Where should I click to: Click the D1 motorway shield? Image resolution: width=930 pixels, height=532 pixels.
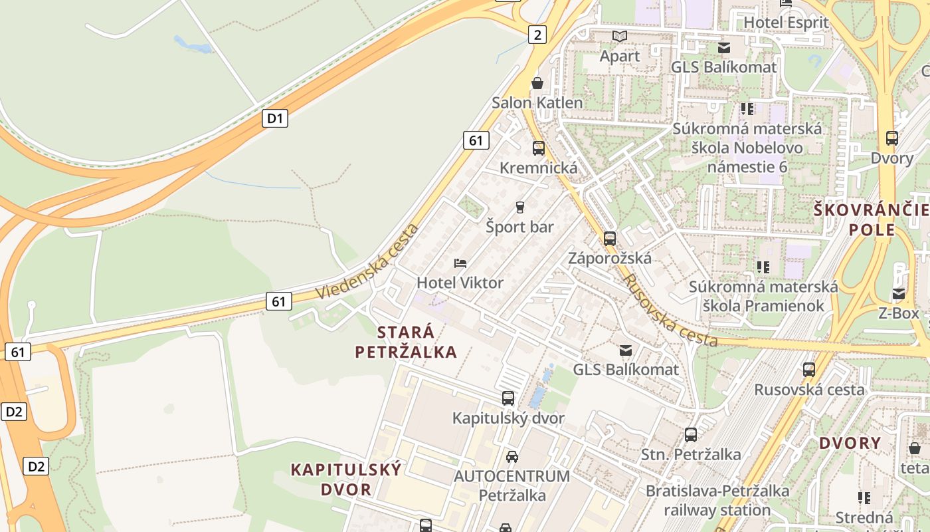[275, 119]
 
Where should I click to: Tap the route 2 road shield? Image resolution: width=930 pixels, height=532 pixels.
[537, 35]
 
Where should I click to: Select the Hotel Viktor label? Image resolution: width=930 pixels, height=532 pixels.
[460, 283]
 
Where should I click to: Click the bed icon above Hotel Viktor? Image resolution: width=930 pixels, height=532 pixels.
[460, 263]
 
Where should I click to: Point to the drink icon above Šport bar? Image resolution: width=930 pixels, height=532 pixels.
[519, 207]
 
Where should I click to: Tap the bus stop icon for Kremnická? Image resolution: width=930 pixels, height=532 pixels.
[538, 148]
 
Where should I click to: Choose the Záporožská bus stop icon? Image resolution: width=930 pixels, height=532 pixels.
[610, 238]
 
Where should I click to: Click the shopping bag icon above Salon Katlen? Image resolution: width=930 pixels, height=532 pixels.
[537, 83]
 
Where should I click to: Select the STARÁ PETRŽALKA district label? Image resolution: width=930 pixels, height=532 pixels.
[406, 342]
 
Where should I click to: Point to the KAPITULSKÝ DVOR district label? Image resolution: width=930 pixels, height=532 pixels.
[346, 479]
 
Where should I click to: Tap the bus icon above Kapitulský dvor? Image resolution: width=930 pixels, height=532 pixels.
[508, 398]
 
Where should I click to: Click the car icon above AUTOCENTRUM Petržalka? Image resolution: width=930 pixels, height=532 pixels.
[511, 457]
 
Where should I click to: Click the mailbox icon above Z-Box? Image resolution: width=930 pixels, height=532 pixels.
[899, 294]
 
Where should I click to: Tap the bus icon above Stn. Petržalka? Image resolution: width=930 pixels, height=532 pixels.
[691, 435]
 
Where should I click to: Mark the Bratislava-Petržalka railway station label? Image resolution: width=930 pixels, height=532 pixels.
[717, 501]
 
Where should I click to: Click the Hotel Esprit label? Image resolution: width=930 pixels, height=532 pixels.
[786, 23]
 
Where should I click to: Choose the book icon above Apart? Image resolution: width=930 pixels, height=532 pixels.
[620, 36]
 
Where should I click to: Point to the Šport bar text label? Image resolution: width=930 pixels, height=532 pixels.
[519, 227]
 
